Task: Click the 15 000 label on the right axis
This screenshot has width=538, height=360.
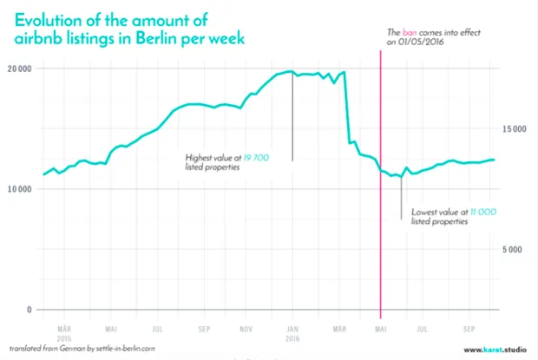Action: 515,129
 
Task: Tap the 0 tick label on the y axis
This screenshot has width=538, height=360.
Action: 30,310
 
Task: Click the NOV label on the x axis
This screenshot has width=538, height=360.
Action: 246,330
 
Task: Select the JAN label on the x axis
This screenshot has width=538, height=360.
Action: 292,330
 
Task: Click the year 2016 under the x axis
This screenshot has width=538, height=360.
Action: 292,338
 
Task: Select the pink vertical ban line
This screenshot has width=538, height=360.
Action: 380,217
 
